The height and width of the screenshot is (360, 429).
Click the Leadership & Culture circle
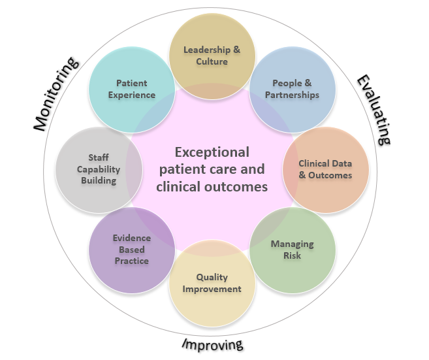pyautogui.click(x=212, y=55)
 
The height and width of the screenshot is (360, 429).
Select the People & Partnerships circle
pyautogui.click(x=293, y=89)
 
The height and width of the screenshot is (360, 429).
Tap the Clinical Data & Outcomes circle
pyautogui.click(x=325, y=169)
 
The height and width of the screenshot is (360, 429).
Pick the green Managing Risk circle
pyautogui.click(x=292, y=250)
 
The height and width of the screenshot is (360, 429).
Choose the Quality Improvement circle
pyautogui.click(x=212, y=284)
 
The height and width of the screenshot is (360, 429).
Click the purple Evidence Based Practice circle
pyautogui.click(x=131, y=250)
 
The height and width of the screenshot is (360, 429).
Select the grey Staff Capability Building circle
pyautogui.click(x=98, y=169)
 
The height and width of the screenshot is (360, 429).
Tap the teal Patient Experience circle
pyautogui.click(x=131, y=89)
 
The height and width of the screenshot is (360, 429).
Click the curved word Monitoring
pyautogui.click(x=57, y=93)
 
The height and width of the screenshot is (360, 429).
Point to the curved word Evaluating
pyautogui.click(x=373, y=109)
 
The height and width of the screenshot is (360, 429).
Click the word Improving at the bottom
pyautogui.click(x=212, y=344)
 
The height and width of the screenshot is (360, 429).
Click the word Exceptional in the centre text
pyautogui.click(x=212, y=152)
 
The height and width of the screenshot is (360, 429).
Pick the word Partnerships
pyautogui.click(x=293, y=95)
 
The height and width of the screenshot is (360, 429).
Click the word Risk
pyautogui.click(x=292, y=255)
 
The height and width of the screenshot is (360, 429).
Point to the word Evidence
pyautogui.click(x=131, y=238)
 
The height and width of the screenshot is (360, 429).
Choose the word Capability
pyautogui.click(x=98, y=169)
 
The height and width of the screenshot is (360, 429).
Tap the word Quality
pyautogui.click(x=212, y=277)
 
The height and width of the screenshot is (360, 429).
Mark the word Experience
pyautogui.click(x=131, y=95)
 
